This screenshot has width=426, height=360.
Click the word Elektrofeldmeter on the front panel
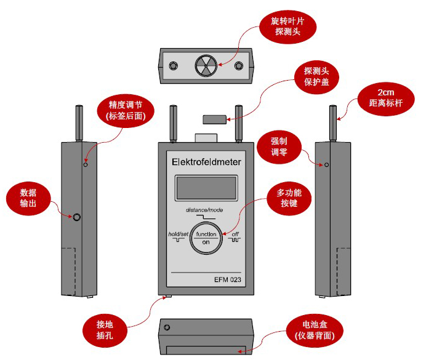[x=206, y=162]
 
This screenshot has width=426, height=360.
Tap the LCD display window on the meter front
[x=206, y=188]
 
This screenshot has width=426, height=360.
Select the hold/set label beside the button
[x=178, y=234]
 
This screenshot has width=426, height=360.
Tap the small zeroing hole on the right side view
[x=327, y=165]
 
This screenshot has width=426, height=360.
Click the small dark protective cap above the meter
[x=214, y=118]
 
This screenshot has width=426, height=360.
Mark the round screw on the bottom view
[x=168, y=327]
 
